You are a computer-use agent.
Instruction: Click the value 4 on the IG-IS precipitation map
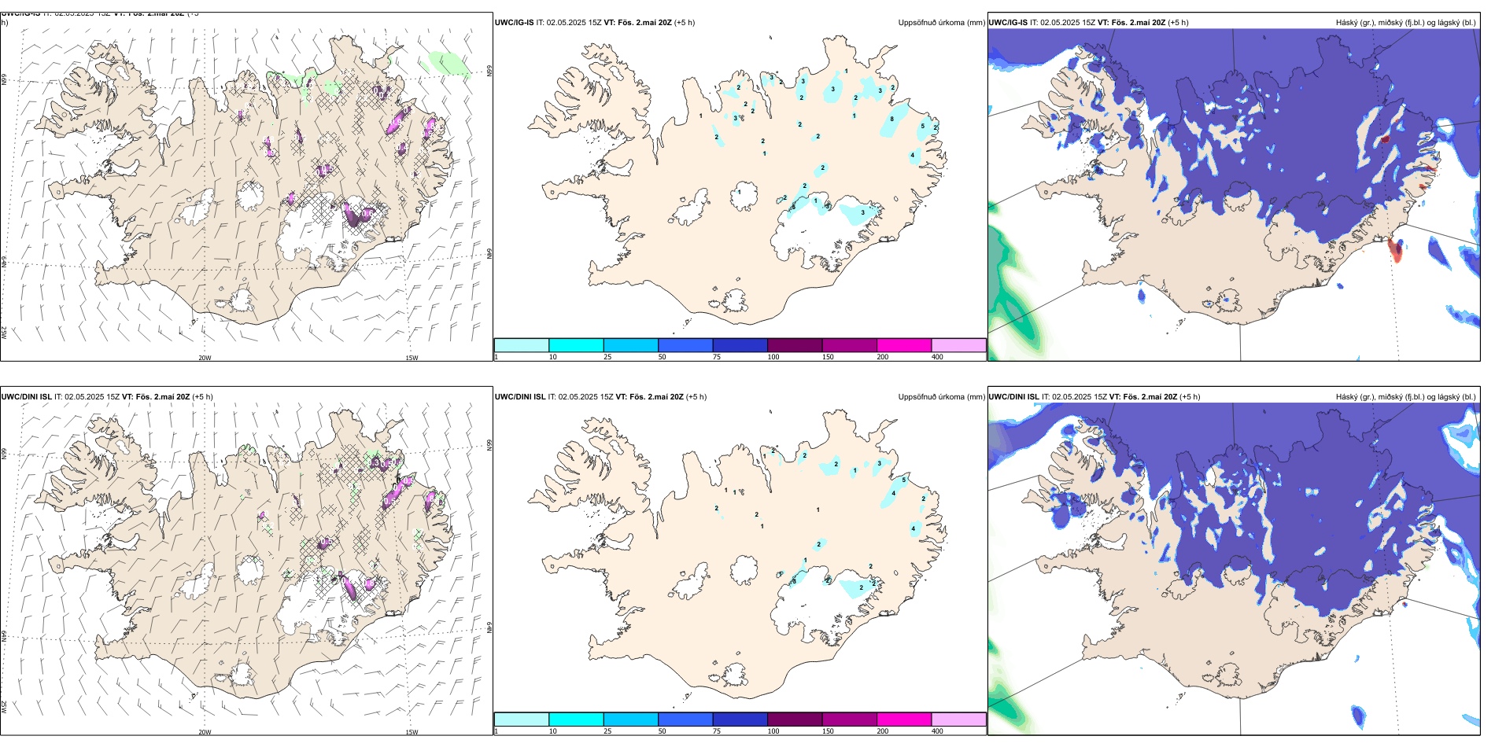click(x=913, y=155)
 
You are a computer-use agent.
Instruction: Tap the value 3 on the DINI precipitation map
click(x=880, y=463)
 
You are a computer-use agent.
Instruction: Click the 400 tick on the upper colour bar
click(x=937, y=357)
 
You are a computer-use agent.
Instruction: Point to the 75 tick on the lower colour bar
click(x=717, y=731)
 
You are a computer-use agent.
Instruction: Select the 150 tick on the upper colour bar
click(x=828, y=357)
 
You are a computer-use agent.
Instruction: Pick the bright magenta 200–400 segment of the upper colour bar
click(x=904, y=345)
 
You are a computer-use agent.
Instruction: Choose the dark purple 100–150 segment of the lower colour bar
click(x=795, y=719)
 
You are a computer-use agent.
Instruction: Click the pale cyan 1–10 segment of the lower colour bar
click(x=521, y=719)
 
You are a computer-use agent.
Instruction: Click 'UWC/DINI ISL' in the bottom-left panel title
click(x=26, y=396)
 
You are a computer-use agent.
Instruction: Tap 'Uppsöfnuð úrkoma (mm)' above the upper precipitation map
click(x=941, y=23)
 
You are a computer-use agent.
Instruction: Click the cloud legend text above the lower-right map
click(x=1405, y=397)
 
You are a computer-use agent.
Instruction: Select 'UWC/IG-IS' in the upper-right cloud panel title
click(x=1008, y=23)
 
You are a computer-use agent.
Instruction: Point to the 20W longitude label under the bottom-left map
click(x=205, y=732)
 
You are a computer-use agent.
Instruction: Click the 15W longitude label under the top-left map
click(x=412, y=358)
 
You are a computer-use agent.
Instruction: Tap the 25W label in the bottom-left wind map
click(x=4, y=707)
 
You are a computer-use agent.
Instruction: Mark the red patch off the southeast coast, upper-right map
click(x=1395, y=251)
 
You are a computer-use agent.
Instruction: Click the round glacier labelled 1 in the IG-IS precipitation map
click(x=744, y=195)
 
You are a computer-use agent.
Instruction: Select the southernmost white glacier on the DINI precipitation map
click(x=734, y=674)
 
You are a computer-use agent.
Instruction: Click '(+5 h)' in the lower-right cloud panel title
click(x=1189, y=397)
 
